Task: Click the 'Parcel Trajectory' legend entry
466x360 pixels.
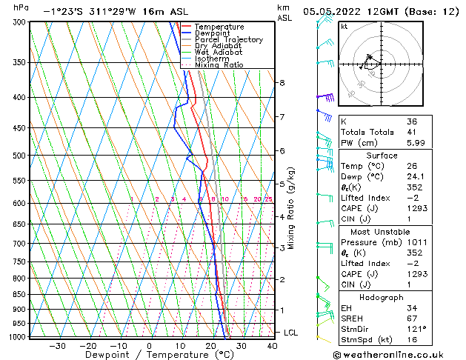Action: [x=228, y=39]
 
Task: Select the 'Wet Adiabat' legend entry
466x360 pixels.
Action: [x=219, y=52]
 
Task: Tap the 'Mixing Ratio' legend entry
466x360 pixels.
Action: [x=219, y=65]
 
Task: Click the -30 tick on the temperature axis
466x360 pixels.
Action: [x=57, y=345]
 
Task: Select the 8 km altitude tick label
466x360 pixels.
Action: [x=282, y=82]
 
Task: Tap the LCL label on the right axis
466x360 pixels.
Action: [x=291, y=333]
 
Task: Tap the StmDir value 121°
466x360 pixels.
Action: [x=416, y=328]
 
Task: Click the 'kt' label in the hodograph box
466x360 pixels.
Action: [x=344, y=27]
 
